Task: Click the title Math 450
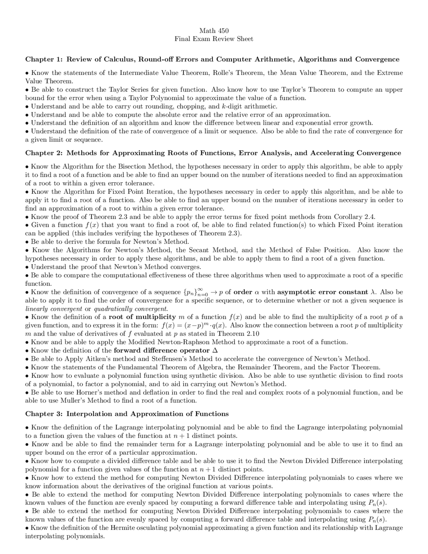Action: pyautogui.click(x=214, y=31)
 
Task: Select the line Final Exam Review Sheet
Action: pyautogui.click(x=214, y=39)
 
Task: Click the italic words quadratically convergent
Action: pyautogui.click(x=131, y=309)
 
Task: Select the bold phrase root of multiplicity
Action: pyautogui.click(x=142, y=317)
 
